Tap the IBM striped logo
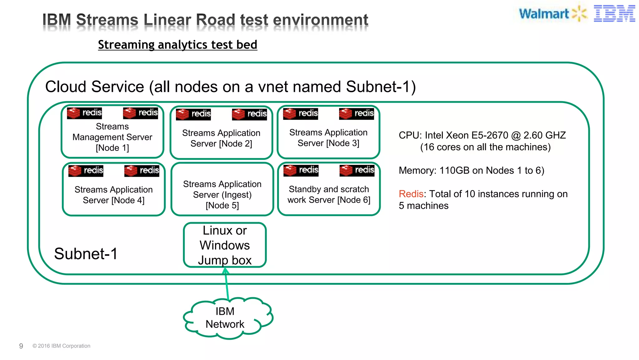pyautogui.click(x=614, y=14)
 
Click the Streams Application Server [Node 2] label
pyautogui.click(x=221, y=138)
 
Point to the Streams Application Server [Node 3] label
pyautogui.click(x=328, y=138)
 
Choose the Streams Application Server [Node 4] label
pyautogui.click(x=114, y=195)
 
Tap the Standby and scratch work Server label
pyautogui.click(x=329, y=194)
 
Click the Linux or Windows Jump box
pyautogui.click(x=225, y=245)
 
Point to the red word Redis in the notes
pyautogui.click(x=411, y=194)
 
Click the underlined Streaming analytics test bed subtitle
pyautogui.click(x=178, y=45)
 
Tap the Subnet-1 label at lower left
pyautogui.click(x=86, y=254)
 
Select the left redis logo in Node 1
pyautogui.click(x=84, y=113)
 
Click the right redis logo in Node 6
pyautogui.click(x=357, y=170)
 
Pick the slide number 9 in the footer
pyautogui.click(x=21, y=346)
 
